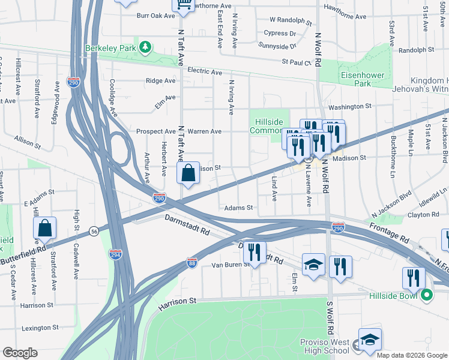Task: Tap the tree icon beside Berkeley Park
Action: tap(144, 47)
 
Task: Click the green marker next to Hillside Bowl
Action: tap(427, 295)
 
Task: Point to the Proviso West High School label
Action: tap(324, 346)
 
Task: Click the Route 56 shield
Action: tap(94, 230)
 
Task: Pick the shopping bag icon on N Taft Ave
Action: tap(188, 173)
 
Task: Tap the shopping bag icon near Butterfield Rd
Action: tap(45, 228)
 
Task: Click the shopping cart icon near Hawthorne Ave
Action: tap(184, 5)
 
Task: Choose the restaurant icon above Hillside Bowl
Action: tap(414, 278)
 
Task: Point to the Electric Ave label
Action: tap(204, 71)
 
